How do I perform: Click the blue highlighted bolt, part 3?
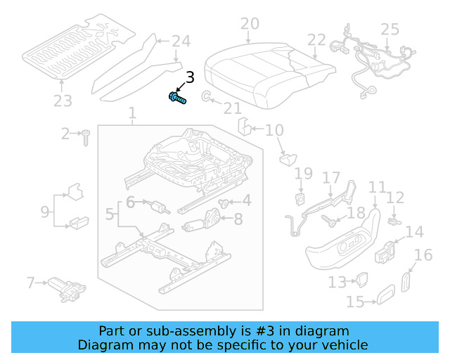tap(176, 98)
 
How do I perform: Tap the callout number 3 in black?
tap(189, 78)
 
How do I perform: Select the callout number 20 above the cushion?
tap(249, 25)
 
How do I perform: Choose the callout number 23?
tap(63, 101)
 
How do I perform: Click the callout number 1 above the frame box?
tap(131, 113)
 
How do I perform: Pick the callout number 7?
tap(30, 283)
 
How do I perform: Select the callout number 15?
tap(356, 302)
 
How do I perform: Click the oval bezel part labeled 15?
tap(385, 296)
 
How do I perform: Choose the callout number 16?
tap(423, 255)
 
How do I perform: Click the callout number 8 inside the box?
tap(238, 219)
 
